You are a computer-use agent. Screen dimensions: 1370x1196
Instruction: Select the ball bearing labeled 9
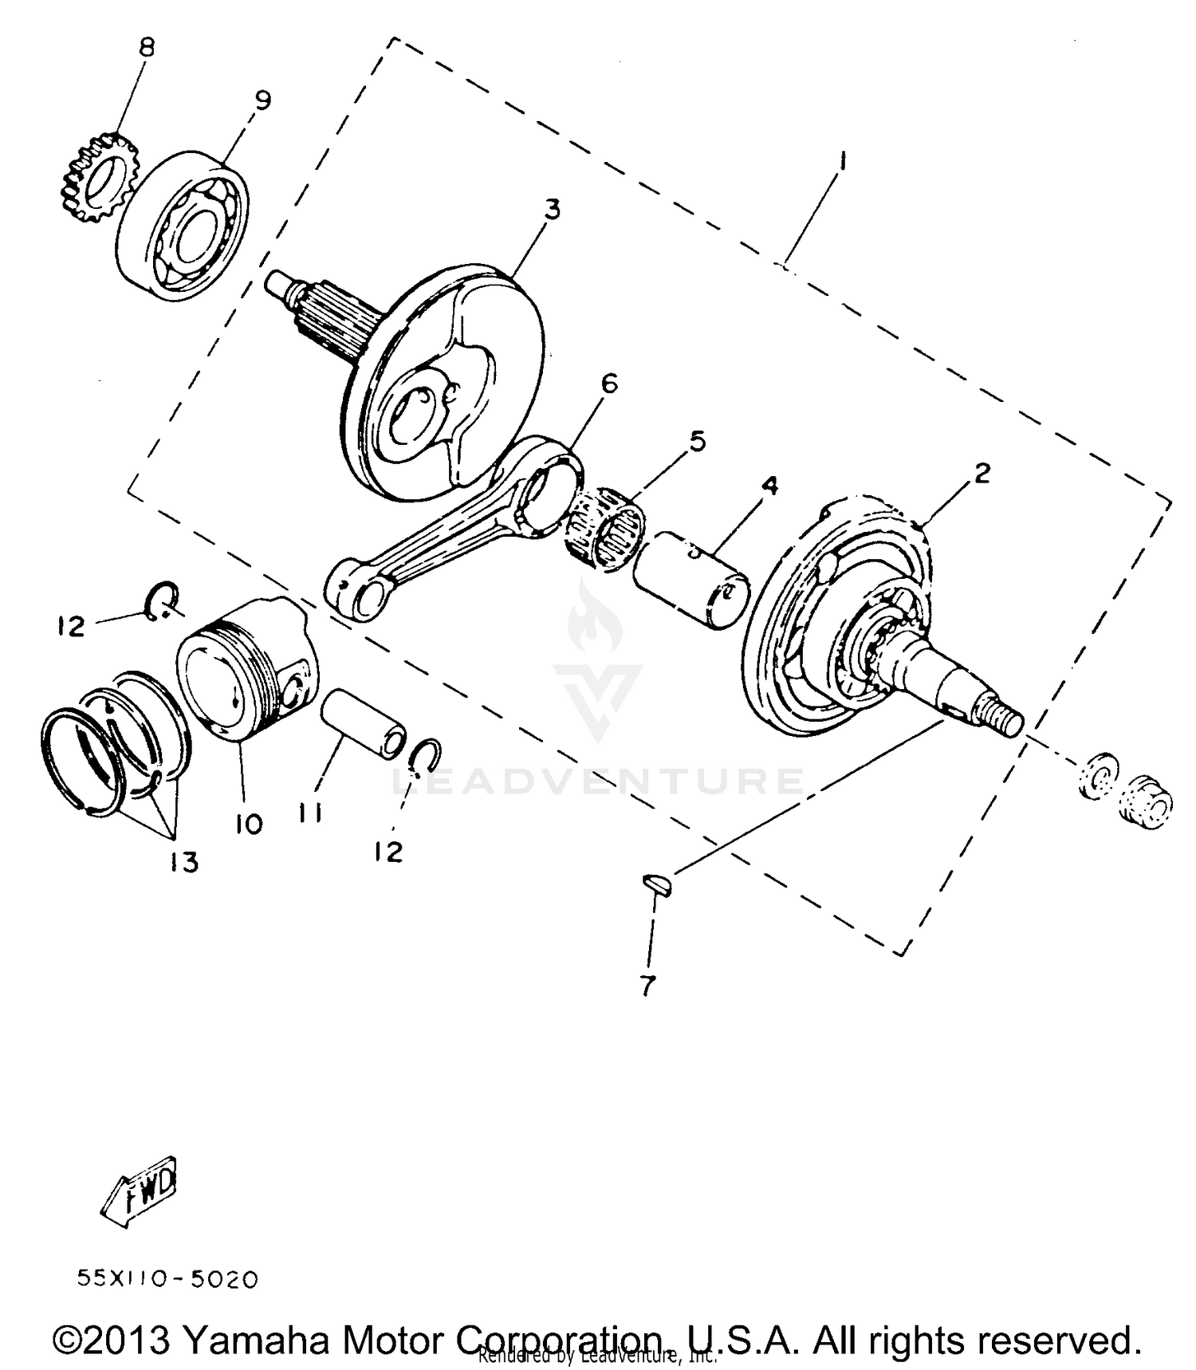coord(185,226)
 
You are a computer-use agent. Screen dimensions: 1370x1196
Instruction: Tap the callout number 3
coord(552,210)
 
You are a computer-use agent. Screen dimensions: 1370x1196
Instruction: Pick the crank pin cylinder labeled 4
coord(690,584)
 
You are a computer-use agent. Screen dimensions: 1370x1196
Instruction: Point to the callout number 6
coord(609,384)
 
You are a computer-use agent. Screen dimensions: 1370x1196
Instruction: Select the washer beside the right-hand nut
coord(1100,774)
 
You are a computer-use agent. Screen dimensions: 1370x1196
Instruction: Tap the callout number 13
coord(184,862)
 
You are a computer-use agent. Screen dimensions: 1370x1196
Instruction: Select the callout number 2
coord(982,473)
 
